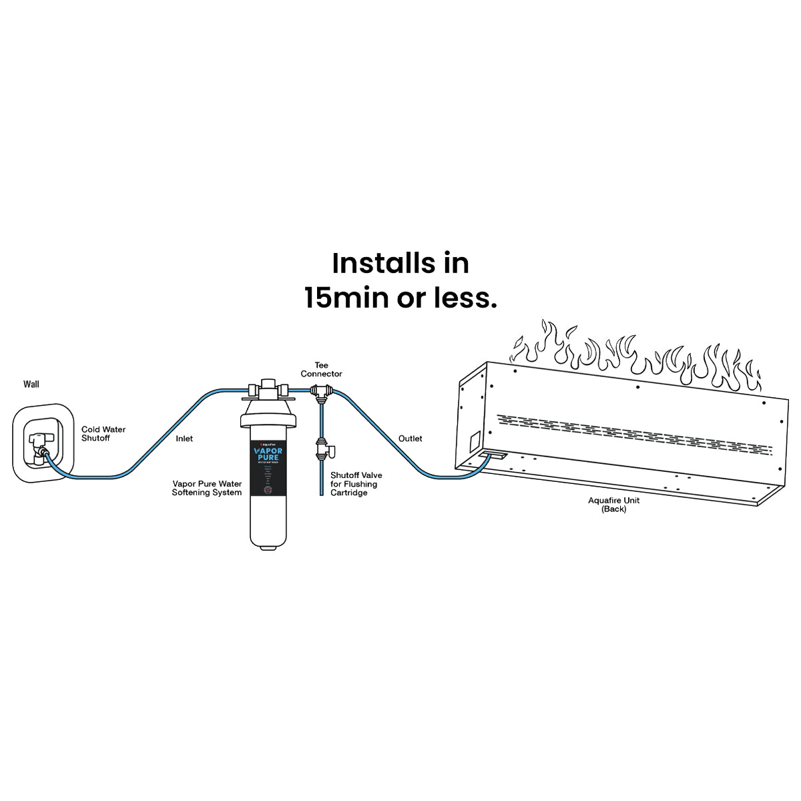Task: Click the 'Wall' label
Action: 31,384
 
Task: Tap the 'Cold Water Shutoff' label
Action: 103,434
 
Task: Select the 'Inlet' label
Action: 184,439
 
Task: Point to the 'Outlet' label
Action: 411,439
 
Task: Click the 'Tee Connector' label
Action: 321,370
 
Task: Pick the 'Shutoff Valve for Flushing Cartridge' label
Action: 356,484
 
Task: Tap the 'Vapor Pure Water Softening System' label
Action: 207,488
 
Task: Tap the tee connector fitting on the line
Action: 322,394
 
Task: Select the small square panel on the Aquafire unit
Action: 473,441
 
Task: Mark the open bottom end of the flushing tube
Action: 321,494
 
